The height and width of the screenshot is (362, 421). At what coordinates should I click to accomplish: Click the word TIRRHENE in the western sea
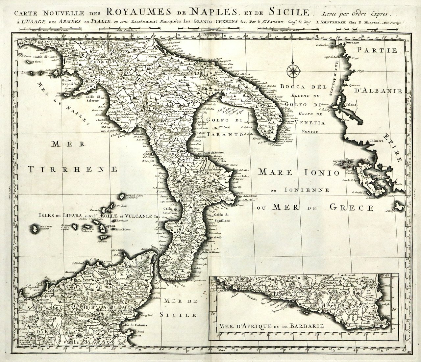click(x=73, y=169)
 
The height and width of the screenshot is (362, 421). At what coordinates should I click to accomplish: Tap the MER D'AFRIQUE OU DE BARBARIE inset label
click(x=270, y=326)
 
